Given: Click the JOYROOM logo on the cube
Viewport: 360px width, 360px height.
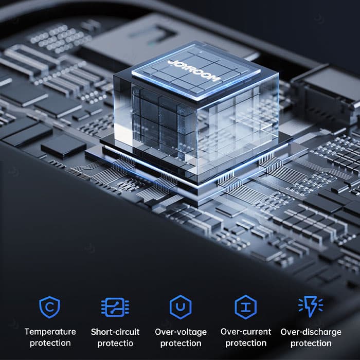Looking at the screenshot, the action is pyautogui.click(x=194, y=71).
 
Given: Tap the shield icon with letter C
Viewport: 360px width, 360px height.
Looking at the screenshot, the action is pyautogui.click(x=49, y=307).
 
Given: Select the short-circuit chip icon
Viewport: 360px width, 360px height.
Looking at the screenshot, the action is pyautogui.click(x=115, y=307).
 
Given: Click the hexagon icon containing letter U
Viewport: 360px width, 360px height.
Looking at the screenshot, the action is pyautogui.click(x=181, y=307).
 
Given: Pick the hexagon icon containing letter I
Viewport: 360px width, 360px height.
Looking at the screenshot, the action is pyautogui.click(x=246, y=307).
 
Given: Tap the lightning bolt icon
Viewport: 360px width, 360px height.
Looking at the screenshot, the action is pyautogui.click(x=311, y=307).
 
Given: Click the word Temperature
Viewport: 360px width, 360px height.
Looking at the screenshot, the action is pyautogui.click(x=50, y=332).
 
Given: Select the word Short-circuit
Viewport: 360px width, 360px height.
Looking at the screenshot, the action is pyautogui.click(x=115, y=332).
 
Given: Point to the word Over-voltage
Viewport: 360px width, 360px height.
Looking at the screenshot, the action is pyautogui.click(x=181, y=332).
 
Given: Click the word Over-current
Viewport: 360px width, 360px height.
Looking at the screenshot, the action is pyautogui.click(x=246, y=332).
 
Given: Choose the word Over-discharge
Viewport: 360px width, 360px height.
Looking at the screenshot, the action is pyautogui.click(x=311, y=332).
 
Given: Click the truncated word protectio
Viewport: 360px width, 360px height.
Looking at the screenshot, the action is pyautogui.click(x=115, y=344).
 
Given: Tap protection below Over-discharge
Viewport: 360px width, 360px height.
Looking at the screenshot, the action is pyautogui.click(x=311, y=344).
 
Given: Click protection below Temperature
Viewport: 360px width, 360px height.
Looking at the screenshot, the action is pyautogui.click(x=50, y=344).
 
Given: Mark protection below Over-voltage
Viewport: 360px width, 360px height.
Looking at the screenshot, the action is pyautogui.click(x=181, y=344).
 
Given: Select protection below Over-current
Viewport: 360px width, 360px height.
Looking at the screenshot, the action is pyautogui.click(x=246, y=344).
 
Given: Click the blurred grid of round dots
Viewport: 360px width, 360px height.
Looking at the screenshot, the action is pyautogui.click(x=60, y=39).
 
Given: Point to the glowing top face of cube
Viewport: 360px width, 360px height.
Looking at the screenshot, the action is pyautogui.click(x=196, y=71).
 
